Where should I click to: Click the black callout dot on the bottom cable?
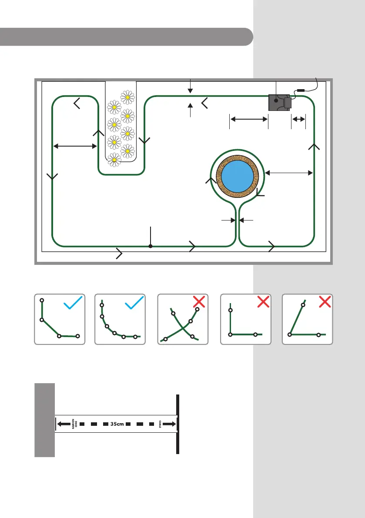pos(151,246)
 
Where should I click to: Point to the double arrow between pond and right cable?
pos(289,173)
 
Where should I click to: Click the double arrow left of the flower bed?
pos(75,147)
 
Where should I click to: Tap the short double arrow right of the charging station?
pos(298,118)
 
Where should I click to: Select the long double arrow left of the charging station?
pos(248,118)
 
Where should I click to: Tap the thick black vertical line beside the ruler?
pos(178,424)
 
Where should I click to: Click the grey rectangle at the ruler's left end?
pos(44,420)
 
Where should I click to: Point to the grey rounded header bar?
pos(126,37)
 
